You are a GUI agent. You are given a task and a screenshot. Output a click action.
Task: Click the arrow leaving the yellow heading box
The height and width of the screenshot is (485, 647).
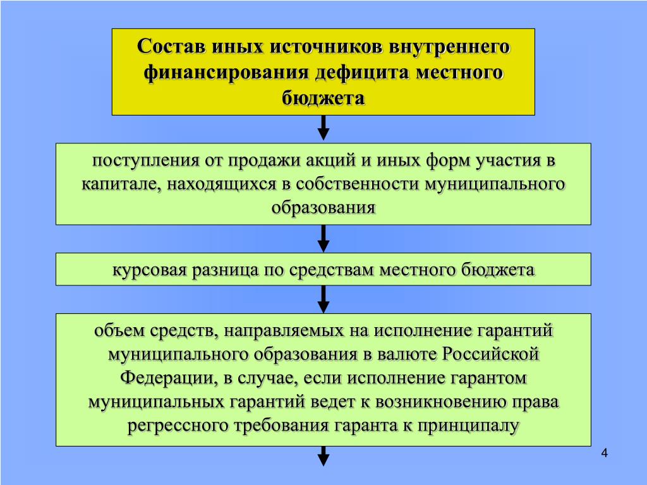(323, 128)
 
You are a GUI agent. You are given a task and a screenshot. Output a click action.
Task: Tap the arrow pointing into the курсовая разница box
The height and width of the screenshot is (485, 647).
(323, 239)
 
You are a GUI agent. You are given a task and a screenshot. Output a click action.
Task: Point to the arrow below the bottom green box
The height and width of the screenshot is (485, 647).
(323, 456)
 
